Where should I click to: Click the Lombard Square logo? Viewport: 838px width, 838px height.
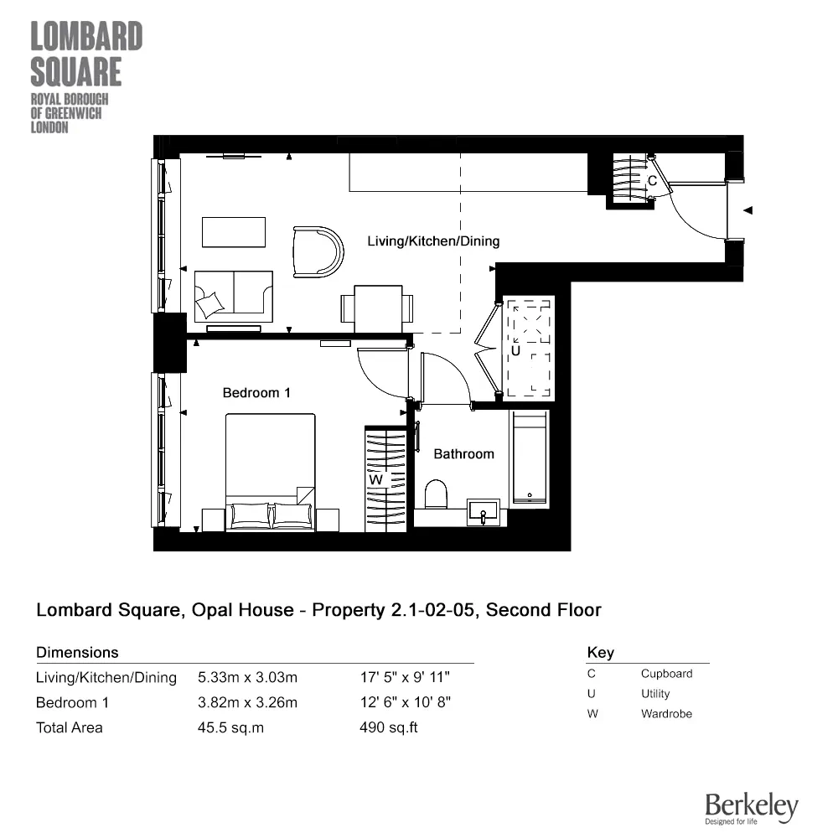coord(86,77)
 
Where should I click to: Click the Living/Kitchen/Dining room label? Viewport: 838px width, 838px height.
coord(433,241)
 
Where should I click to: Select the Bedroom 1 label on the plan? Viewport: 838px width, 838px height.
coord(256,392)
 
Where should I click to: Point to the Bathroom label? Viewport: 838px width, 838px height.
coord(463,453)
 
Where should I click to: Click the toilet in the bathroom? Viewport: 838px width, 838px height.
coord(436,494)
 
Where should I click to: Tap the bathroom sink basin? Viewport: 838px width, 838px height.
coord(484,511)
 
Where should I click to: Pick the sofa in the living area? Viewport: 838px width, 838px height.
coord(233,296)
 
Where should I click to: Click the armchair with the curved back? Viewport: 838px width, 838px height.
coord(318,251)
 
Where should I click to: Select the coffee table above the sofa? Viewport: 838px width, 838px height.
coord(234,232)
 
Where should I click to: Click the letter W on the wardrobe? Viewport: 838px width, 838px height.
coord(376,479)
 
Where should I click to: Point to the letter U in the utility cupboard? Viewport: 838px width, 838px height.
coord(515,351)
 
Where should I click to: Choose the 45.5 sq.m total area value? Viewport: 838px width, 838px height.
coord(230,727)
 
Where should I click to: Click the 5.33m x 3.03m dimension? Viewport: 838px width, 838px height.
coord(247,677)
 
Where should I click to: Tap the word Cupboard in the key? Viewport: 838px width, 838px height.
coord(666,673)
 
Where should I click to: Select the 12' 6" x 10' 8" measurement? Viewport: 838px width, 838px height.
coord(406,702)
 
